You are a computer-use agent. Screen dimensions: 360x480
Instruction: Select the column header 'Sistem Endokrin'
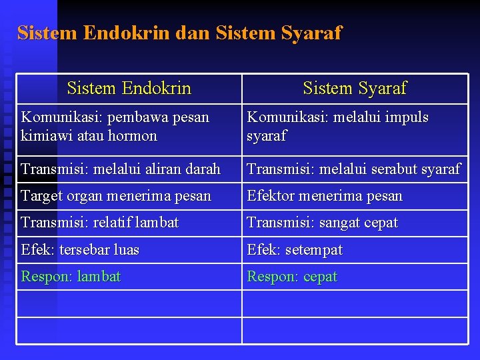pos(129,88)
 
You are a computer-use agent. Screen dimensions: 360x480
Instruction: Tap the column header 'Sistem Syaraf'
pos(354,88)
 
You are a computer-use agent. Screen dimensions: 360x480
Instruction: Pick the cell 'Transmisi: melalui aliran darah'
pos(121,169)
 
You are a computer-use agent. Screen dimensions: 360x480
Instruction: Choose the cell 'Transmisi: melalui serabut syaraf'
pos(353,169)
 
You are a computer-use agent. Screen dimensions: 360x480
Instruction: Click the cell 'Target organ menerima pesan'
pos(116,196)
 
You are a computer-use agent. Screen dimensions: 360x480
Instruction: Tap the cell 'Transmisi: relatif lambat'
pos(100,223)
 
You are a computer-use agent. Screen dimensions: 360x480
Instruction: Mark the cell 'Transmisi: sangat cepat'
pos(322,223)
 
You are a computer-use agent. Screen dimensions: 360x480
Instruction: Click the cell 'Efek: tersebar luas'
pos(80,250)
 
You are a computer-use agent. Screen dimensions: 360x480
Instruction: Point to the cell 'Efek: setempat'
pos(295,250)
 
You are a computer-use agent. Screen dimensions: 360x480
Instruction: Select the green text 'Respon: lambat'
pos(71,277)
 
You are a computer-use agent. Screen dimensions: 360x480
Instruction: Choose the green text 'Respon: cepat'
pos(292,277)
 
